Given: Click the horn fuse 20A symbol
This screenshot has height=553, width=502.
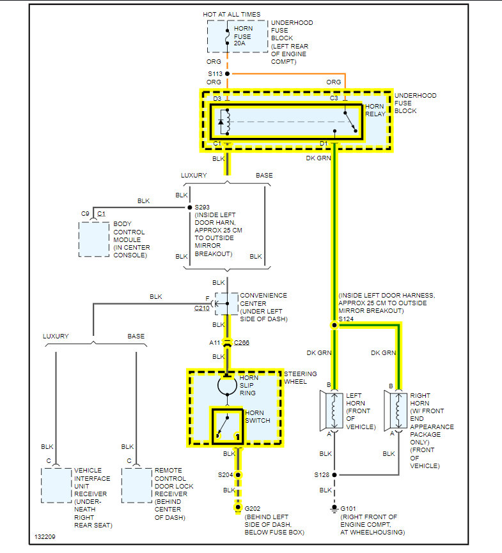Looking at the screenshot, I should click(227, 36).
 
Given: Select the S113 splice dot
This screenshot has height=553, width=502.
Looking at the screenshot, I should click(227, 73).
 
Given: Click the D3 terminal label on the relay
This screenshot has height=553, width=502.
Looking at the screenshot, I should click(217, 98).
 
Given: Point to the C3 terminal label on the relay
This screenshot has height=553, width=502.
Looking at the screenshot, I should click(334, 98).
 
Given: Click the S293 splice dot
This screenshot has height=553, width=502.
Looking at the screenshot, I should click(189, 208).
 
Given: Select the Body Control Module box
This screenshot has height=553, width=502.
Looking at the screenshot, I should click(94, 239).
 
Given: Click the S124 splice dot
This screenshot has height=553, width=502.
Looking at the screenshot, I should click(333, 325).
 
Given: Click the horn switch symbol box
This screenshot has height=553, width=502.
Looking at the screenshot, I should click(228, 426).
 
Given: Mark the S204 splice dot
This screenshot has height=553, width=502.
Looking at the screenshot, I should click(239, 474).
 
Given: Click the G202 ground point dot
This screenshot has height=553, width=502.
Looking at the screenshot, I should click(239, 508).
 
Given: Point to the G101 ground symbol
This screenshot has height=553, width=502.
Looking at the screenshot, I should click(333, 509).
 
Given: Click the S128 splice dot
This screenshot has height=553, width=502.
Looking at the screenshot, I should click(333, 474).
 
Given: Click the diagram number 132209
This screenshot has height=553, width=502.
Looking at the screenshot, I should click(45, 536).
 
